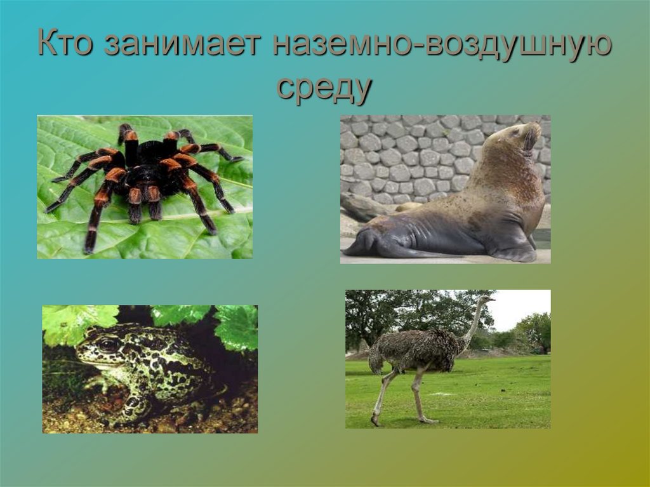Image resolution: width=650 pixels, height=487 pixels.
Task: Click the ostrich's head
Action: click(487, 297)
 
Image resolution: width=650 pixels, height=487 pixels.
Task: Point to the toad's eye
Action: click(109, 345)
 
